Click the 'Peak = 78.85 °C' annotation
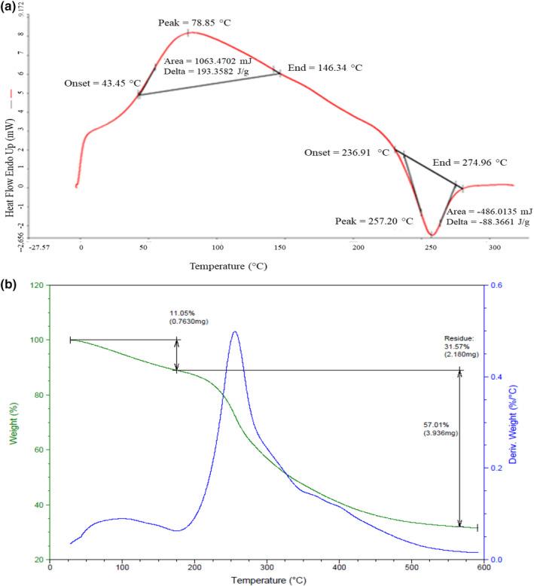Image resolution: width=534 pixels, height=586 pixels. (x=193, y=22)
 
